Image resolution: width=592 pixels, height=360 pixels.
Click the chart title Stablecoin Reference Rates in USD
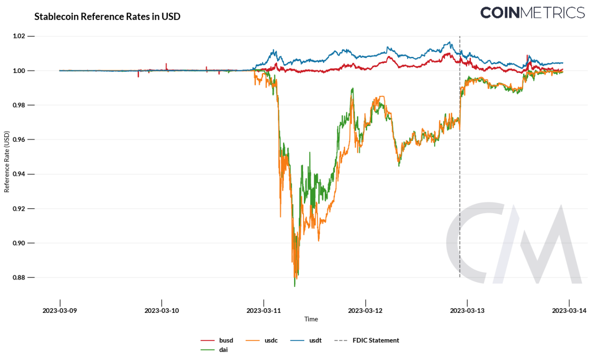(107, 17)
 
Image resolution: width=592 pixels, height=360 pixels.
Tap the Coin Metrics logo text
(532, 12)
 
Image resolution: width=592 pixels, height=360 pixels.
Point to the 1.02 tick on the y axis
(22, 36)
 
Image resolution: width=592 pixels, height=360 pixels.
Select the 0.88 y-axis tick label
(22, 277)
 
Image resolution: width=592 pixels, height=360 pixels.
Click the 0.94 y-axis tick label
(22, 174)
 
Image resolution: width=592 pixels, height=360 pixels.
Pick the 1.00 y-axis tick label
(22, 71)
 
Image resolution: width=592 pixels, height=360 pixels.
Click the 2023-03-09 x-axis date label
(60, 311)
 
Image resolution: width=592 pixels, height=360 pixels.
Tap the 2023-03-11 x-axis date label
(264, 311)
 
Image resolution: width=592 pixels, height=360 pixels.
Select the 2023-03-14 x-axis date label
(569, 311)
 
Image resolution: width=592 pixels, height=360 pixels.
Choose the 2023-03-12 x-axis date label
(365, 311)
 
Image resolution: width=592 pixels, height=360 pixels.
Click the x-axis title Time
(311, 319)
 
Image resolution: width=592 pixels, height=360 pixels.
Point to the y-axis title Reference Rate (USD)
(7, 162)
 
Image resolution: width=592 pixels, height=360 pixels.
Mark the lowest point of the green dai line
(295, 287)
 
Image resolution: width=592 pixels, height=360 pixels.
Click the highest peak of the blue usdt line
(449, 42)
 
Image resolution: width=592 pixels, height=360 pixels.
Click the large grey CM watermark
(513, 243)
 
